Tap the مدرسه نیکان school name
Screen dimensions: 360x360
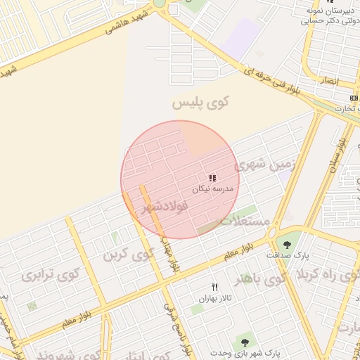210,189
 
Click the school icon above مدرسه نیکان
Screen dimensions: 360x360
212,178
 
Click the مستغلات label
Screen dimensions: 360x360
246,221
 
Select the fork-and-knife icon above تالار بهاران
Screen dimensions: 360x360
215,286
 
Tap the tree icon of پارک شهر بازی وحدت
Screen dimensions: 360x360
245,342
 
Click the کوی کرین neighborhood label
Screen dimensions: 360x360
128,255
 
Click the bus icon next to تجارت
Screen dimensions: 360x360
354,97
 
